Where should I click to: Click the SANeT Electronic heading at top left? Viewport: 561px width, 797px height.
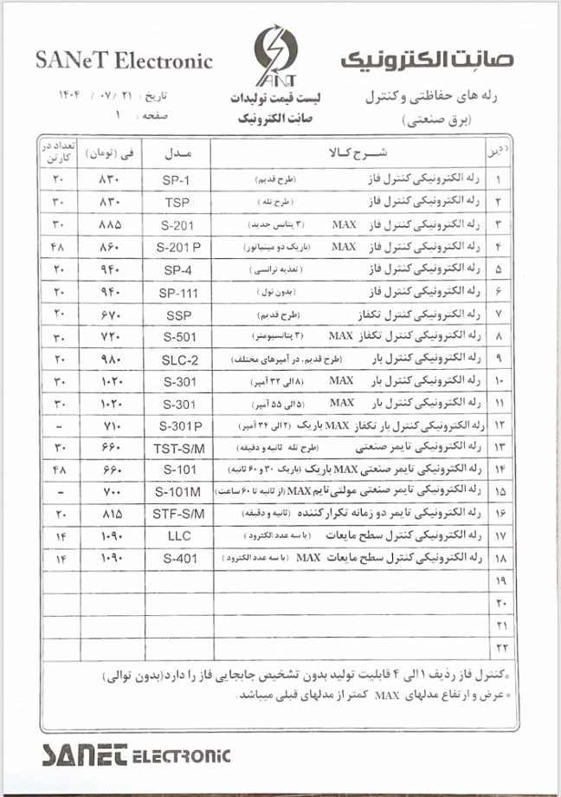click(124, 61)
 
